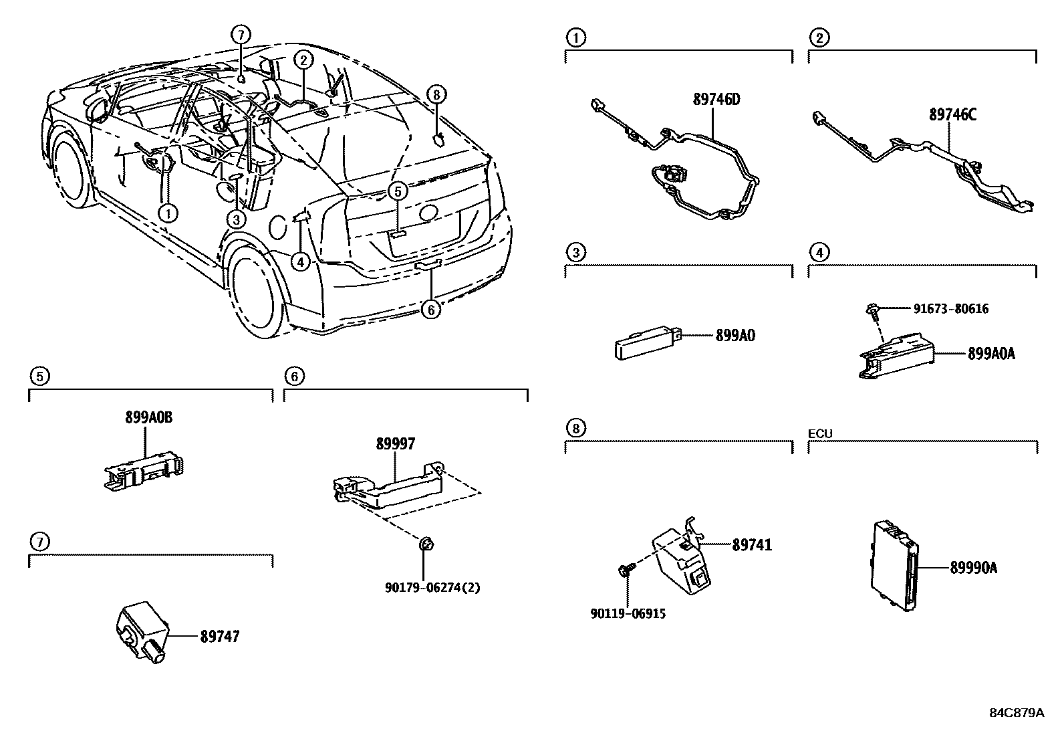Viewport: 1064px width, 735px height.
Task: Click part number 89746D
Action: coord(716,100)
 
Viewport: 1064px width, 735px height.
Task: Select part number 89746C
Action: coord(952,114)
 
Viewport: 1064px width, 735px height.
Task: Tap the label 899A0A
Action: coord(990,354)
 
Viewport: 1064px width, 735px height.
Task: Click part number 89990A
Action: coord(974,568)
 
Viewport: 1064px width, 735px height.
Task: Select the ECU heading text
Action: coord(820,433)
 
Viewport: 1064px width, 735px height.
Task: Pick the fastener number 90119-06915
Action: coord(628,613)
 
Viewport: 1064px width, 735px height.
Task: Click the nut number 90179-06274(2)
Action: coord(432,588)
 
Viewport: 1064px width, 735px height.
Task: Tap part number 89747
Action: coord(219,636)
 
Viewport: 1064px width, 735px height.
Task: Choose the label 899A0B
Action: coord(148,417)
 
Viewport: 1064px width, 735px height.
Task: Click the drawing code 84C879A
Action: coord(1016,713)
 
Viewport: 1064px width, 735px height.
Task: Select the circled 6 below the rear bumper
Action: coord(432,310)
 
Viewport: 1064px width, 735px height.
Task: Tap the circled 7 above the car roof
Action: coord(241,35)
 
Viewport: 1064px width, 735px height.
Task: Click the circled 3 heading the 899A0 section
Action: coord(575,252)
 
